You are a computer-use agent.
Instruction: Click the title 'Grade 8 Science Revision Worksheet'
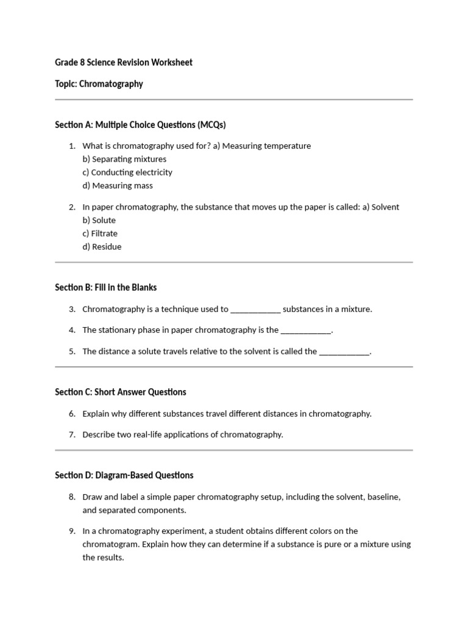coord(124,63)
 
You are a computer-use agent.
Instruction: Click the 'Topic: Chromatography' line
coord(99,84)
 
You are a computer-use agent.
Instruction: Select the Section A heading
coord(140,125)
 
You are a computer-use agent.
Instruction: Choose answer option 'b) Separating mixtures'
coord(124,159)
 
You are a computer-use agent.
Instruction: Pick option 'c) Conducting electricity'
coord(127,172)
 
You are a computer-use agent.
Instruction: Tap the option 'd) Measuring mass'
coord(118,186)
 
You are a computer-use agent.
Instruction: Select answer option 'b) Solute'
coord(99,221)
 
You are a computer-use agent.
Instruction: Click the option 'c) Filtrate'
coord(100,233)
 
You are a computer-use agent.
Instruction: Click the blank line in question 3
coord(255,310)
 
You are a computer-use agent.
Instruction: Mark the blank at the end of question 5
coord(344,352)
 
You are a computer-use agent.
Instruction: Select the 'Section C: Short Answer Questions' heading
coord(121,392)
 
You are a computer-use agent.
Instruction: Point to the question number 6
coord(72,414)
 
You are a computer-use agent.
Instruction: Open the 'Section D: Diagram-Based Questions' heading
coord(124,475)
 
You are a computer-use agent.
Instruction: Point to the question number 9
coord(72,531)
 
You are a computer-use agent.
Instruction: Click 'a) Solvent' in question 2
coord(380,207)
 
